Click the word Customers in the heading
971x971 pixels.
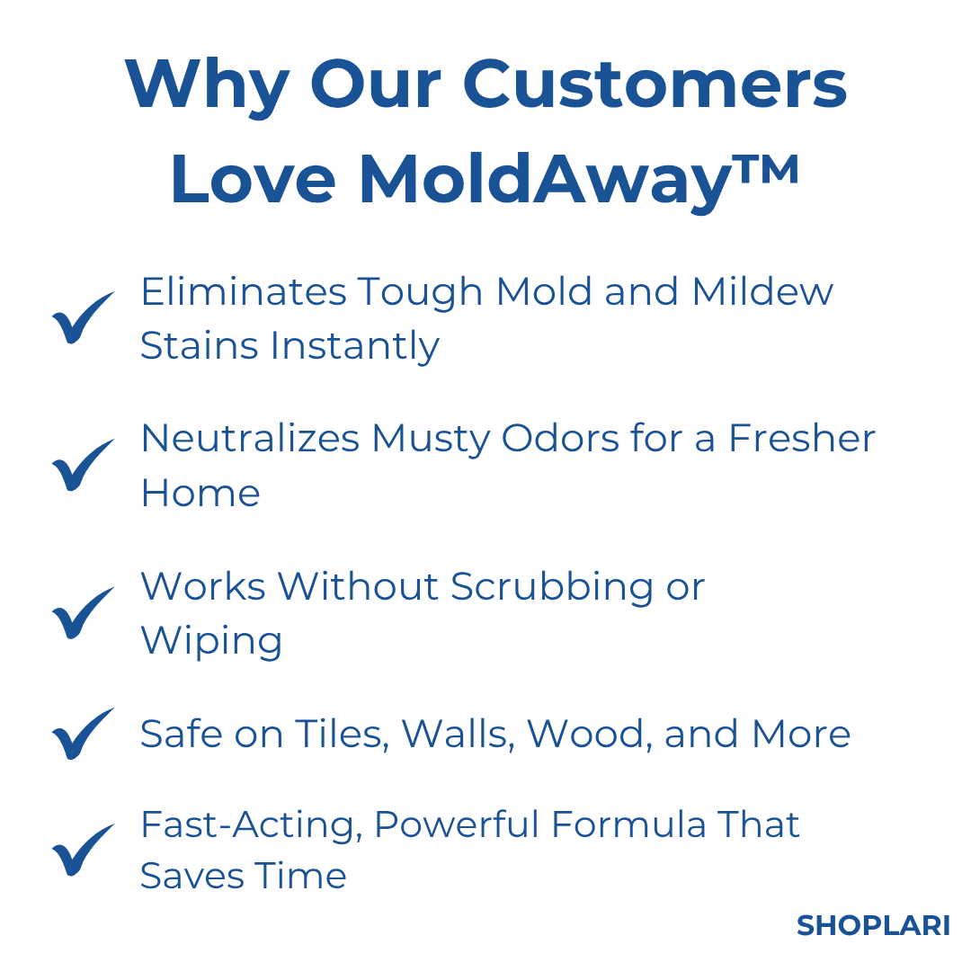pos(655,85)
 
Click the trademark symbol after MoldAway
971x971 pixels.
pos(765,168)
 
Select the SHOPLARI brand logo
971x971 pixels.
pos(872,926)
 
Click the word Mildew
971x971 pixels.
pos(762,291)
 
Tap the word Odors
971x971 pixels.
pos(559,439)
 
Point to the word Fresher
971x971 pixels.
pos(801,439)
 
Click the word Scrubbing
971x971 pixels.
pos(551,588)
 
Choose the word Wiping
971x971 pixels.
pos(211,642)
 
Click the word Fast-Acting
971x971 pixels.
pos(251,826)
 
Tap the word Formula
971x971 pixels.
pos(628,824)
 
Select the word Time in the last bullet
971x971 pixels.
pos(300,876)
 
